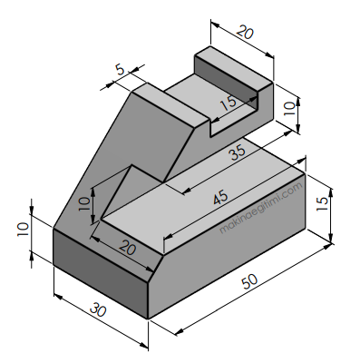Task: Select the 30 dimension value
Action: click(98, 309)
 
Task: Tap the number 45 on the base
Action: click(220, 198)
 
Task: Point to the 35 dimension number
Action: click(238, 152)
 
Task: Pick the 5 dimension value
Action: click(120, 71)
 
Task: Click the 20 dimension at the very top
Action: click(245, 33)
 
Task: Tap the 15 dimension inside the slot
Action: click(229, 103)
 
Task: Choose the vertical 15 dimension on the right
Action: click(323, 204)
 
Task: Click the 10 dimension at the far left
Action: click(23, 230)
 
